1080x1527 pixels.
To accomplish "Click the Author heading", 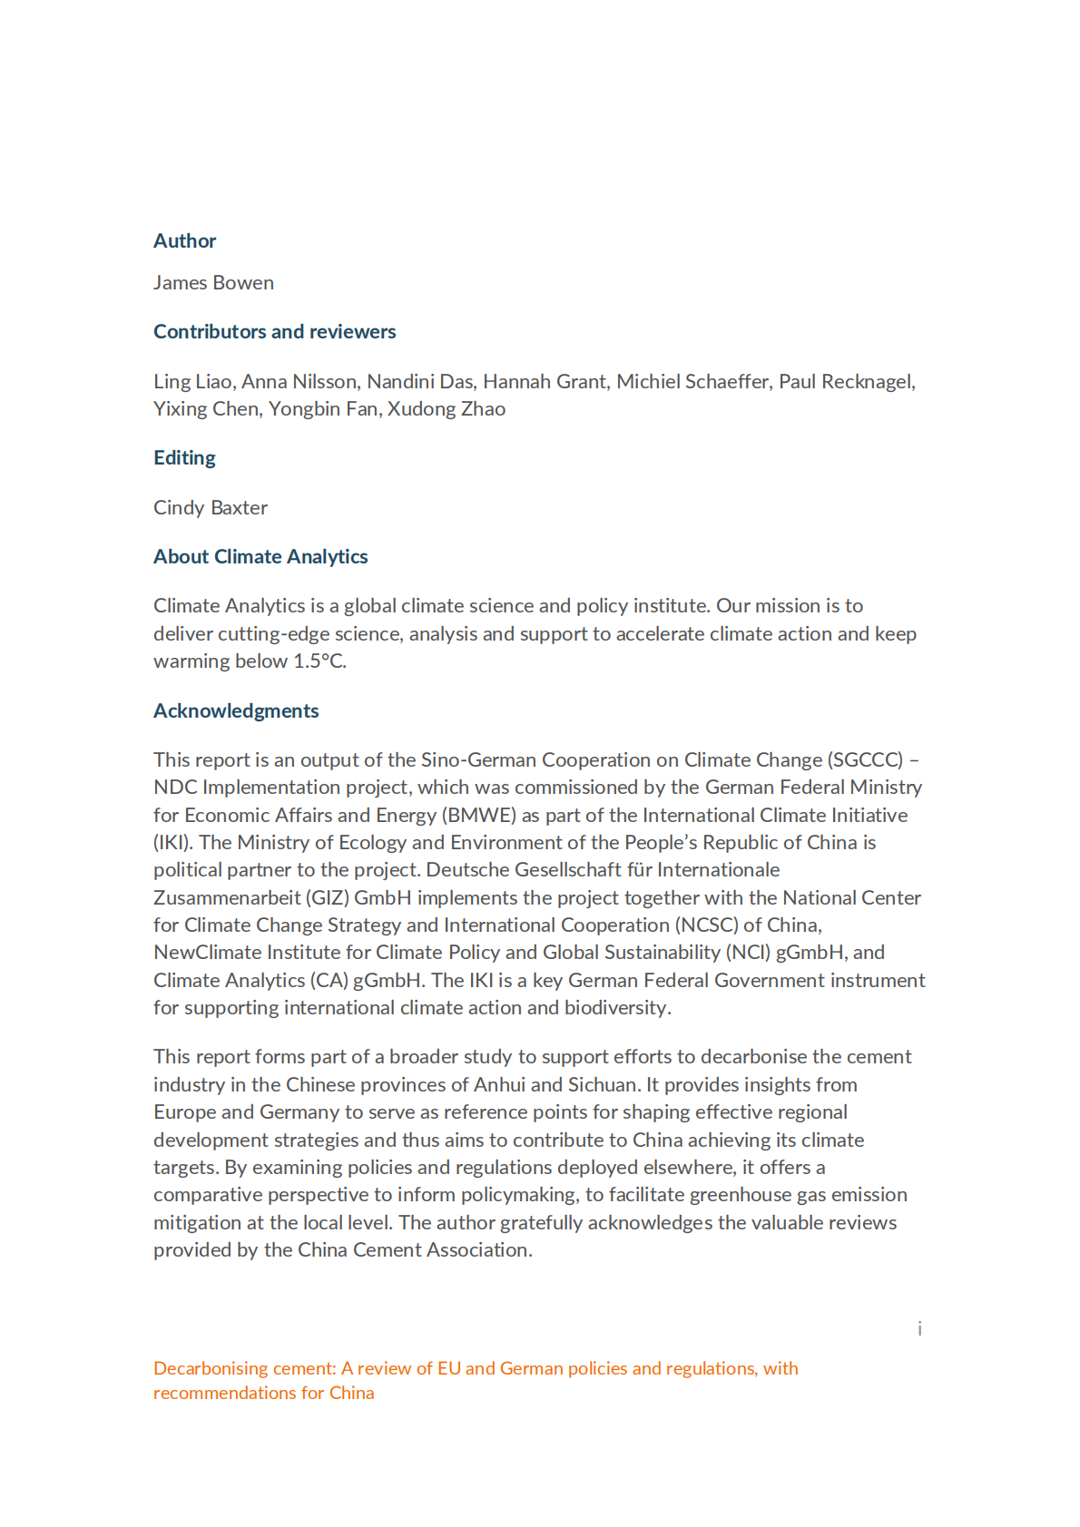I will pos(184,240).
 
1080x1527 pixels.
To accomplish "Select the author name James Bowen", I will pos(213,282).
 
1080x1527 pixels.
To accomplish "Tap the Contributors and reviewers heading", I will pos(274,331).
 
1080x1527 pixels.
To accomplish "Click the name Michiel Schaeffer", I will pos(692,381).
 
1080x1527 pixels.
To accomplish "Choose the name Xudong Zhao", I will pos(446,408).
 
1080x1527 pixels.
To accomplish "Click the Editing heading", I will pos(184,457).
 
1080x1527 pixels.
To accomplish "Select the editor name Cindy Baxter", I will pos(211,507).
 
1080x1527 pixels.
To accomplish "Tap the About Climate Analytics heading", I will pos(260,556).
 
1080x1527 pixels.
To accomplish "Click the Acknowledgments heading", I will pos(236,710).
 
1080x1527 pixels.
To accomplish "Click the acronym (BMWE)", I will pos(479,815).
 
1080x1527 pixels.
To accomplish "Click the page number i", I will pos(919,1328).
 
